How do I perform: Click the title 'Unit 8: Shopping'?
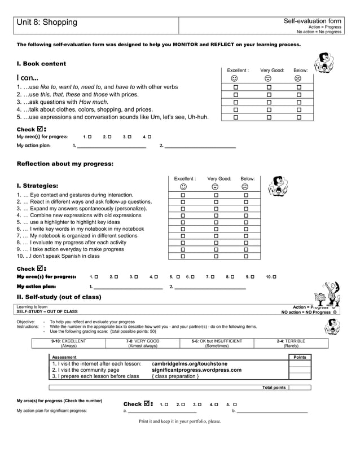pyautogui.click(x=47, y=22)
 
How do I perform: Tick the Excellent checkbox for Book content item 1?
pyautogui.click(x=236, y=87)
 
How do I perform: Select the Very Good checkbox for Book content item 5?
pyautogui.click(x=269, y=117)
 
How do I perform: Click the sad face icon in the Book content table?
pyautogui.click(x=298, y=78)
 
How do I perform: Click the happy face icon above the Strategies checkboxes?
pyautogui.click(x=183, y=187)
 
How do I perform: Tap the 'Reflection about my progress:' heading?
pyautogui.click(x=65, y=164)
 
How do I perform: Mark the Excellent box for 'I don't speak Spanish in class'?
pyautogui.click(x=183, y=256)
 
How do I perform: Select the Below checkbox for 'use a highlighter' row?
pyautogui.click(x=245, y=222)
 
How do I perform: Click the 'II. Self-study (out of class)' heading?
pyautogui.click(x=59, y=297)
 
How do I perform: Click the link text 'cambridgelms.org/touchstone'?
pyautogui.click(x=190, y=364)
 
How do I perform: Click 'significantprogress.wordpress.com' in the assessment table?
pyautogui.click(x=196, y=370)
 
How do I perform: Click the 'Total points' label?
pyautogui.click(x=274, y=388)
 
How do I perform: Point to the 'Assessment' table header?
pyautogui.click(x=64, y=357)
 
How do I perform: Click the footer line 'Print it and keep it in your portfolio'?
pyautogui.click(x=180, y=421)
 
